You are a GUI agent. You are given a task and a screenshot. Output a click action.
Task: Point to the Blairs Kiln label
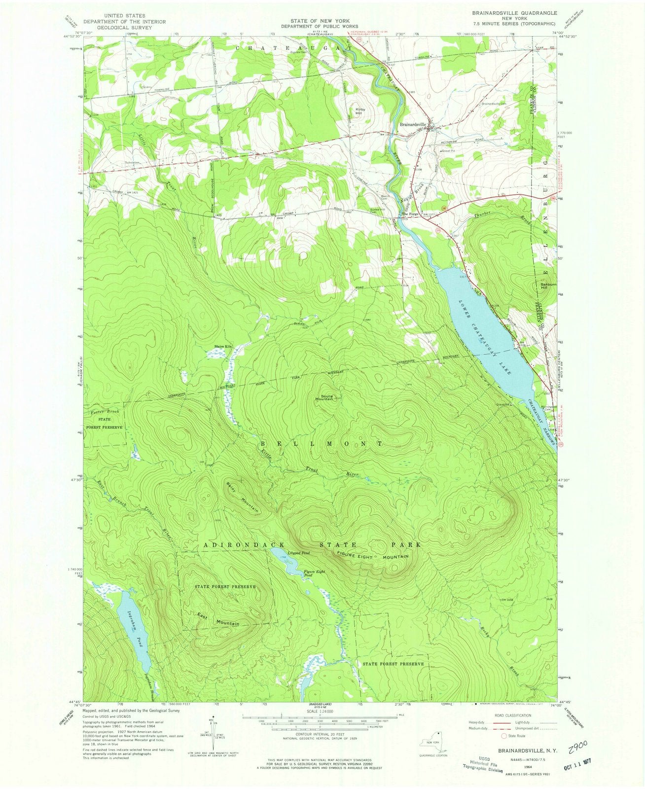(222, 347)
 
